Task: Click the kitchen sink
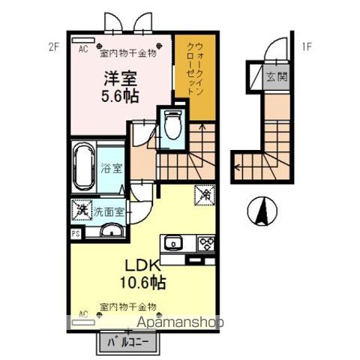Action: click(174, 242)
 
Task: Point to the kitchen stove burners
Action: click(205, 243)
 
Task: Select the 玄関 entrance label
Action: click(274, 75)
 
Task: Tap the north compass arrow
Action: click(262, 210)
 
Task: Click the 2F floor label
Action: click(53, 47)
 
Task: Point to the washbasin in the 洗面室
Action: click(109, 230)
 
